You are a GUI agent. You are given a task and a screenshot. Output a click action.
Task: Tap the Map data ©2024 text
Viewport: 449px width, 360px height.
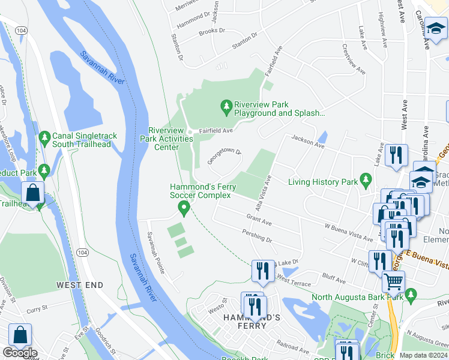[x=423, y=355]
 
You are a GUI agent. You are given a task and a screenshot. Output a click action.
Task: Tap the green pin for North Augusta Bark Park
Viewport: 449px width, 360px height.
[x=411, y=295]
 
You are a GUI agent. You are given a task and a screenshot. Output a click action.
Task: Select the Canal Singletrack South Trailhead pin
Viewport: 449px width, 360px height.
[x=44, y=138]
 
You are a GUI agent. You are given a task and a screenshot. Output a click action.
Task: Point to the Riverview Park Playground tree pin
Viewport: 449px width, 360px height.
[x=226, y=107]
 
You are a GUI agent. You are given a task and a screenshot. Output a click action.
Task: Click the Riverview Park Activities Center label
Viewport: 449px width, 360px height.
[x=170, y=139]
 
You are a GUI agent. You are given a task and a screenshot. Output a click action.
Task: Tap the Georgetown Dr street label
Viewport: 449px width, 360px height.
[x=224, y=157]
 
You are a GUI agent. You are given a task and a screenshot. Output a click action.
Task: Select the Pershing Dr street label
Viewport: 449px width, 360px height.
[x=257, y=236]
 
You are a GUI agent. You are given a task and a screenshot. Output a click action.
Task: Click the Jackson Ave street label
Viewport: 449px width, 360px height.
[x=303, y=139]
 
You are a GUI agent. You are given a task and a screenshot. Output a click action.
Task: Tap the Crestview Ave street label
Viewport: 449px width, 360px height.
[x=354, y=59]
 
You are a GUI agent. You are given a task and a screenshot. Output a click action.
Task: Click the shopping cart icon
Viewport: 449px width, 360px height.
[x=393, y=281]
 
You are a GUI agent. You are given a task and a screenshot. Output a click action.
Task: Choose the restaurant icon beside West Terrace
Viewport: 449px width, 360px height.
[x=262, y=271]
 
